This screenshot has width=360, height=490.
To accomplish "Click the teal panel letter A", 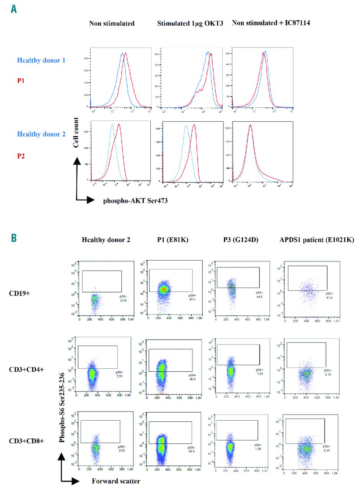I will tap(14, 9).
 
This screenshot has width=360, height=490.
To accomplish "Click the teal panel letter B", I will tap(14, 238).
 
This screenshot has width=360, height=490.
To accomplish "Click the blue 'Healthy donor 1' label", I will tap(40, 60).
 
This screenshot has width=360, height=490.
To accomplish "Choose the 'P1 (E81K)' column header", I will tap(167, 240).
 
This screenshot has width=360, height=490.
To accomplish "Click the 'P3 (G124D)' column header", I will tap(234, 240).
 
